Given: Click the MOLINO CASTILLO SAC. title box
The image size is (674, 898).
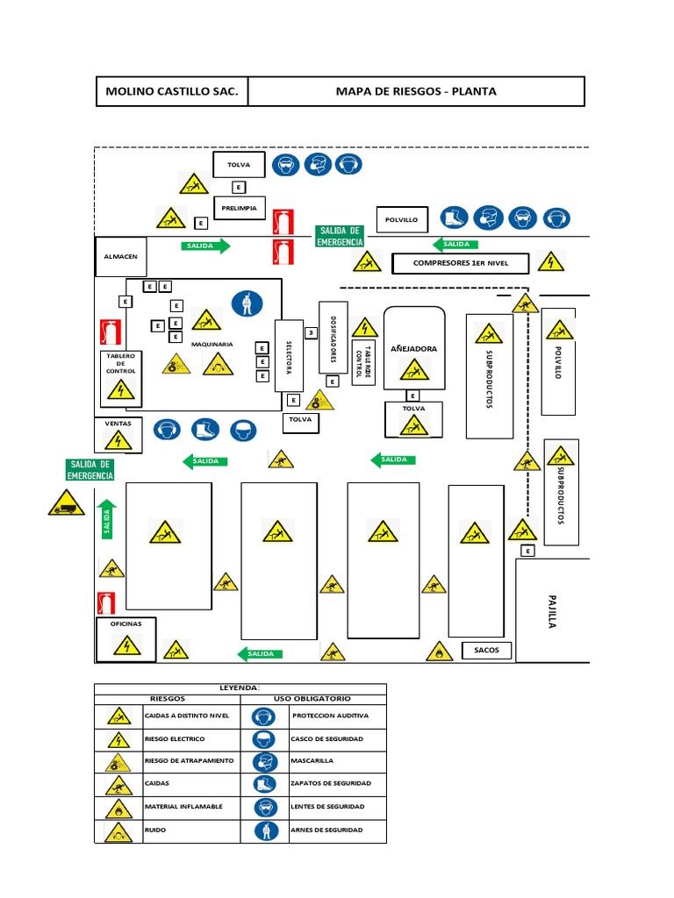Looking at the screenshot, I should click(x=171, y=91).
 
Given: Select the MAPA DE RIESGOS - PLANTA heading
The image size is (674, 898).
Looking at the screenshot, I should click(x=415, y=91).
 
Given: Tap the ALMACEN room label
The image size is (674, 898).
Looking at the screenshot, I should click(x=121, y=258).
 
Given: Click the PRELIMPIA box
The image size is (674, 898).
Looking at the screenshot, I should click(x=239, y=209).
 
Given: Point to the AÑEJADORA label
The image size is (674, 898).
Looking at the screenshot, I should click(x=413, y=348).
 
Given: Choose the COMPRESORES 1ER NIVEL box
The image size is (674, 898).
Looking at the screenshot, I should click(x=461, y=262).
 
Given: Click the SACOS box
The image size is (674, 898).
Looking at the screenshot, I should click(x=486, y=650).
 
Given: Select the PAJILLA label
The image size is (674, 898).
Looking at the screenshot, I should click(x=552, y=609).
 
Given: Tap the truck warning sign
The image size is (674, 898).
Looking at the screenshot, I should click(x=66, y=503).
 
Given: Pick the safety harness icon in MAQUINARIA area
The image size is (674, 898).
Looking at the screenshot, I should click(x=247, y=303).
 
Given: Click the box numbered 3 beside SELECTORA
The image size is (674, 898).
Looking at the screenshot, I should click(x=310, y=332).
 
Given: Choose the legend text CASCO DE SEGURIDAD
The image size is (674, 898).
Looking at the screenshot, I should click(x=326, y=739).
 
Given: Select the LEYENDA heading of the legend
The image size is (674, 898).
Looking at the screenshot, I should click(x=240, y=688).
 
